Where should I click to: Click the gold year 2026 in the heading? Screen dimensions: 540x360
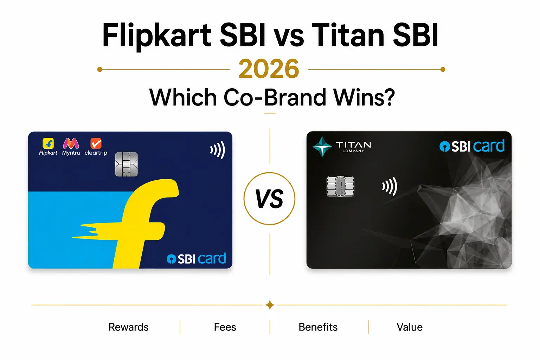click(x=269, y=69)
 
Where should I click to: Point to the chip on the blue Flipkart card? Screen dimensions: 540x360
click(x=126, y=164)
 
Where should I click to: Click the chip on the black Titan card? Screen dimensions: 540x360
click(x=340, y=186)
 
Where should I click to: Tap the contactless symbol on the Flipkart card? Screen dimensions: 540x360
click(x=218, y=150)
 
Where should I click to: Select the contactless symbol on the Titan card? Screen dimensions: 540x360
click(x=390, y=186)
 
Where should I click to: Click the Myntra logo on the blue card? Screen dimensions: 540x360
click(x=71, y=147)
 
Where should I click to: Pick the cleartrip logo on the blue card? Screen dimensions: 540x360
click(x=96, y=147)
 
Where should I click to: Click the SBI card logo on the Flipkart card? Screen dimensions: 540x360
click(x=196, y=258)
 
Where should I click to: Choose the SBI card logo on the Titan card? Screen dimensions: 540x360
click(x=472, y=146)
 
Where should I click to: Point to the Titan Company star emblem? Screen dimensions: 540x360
click(x=322, y=147)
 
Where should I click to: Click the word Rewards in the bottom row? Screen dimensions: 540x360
click(x=128, y=327)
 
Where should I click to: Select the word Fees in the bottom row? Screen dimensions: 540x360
click(x=225, y=327)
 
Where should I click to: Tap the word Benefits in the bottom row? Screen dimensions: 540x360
click(x=318, y=327)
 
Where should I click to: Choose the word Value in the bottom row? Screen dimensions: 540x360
click(x=410, y=327)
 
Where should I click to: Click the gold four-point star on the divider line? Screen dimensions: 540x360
click(x=270, y=305)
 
